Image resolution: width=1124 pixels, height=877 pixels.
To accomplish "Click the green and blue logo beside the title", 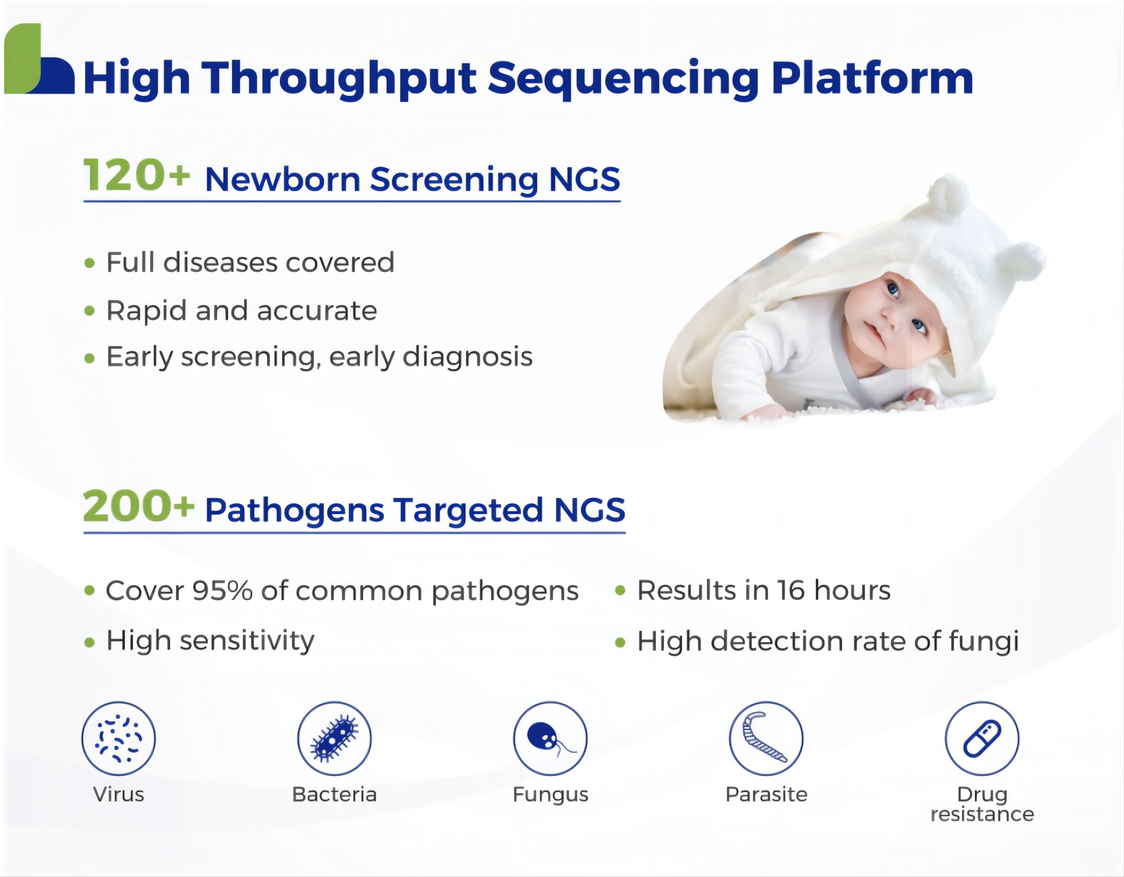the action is tap(39, 59).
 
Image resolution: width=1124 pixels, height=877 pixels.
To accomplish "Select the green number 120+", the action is tap(136, 175).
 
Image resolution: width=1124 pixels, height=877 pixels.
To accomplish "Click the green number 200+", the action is tap(138, 506).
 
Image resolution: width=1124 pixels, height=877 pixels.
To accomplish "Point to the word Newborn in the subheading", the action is tap(283, 179).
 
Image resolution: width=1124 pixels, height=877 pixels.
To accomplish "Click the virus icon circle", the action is tap(119, 739).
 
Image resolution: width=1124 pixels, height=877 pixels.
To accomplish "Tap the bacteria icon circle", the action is tap(335, 739).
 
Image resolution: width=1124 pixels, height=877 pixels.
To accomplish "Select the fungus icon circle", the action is tap(551, 739).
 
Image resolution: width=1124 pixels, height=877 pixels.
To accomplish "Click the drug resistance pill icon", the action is tap(982, 739).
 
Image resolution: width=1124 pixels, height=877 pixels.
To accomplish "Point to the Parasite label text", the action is tap(766, 795).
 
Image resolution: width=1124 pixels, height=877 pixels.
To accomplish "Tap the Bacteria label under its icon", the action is tap(335, 795).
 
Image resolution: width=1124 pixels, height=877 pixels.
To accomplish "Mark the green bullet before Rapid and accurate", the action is tap(90, 312).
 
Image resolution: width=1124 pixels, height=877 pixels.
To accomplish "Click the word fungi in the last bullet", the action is tap(984, 642).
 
